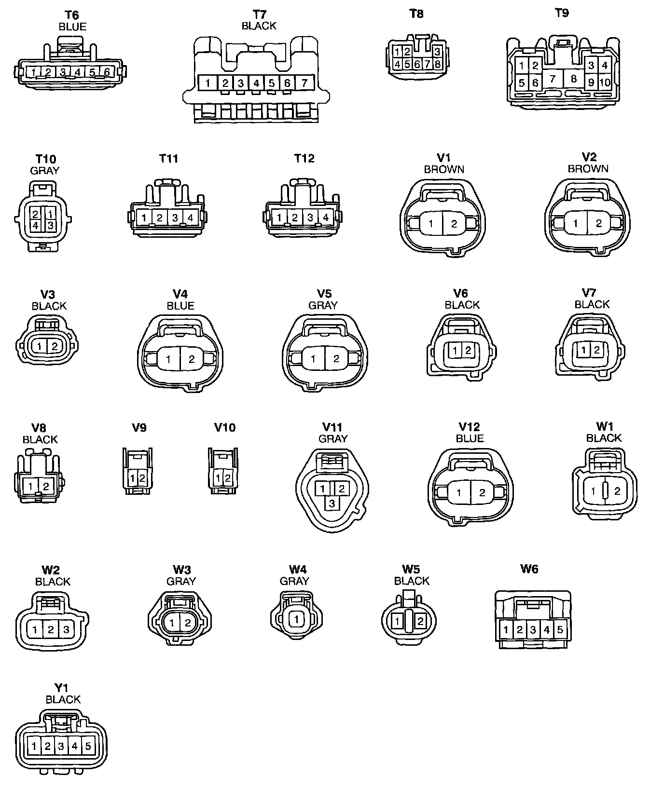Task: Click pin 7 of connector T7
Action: [304, 83]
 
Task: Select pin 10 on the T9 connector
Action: [605, 82]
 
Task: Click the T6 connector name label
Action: [71, 15]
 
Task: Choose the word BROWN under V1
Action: [444, 169]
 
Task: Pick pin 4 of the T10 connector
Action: [36, 225]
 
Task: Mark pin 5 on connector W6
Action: [560, 629]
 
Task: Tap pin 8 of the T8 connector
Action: [438, 64]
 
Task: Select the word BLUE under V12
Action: [470, 438]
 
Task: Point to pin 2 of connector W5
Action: [420, 622]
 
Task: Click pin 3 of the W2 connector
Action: [66, 629]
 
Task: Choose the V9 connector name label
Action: [139, 427]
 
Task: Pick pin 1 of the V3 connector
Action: [41, 346]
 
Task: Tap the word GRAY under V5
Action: [323, 305]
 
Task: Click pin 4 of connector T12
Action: [326, 218]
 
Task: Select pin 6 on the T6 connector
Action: [107, 72]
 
